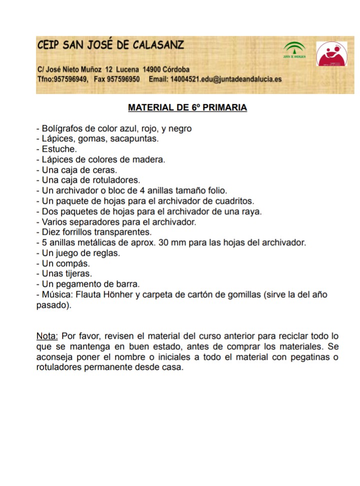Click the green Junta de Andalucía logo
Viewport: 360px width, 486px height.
294,51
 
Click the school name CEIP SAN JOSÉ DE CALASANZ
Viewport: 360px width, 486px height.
110,45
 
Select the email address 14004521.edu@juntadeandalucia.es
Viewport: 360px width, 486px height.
225,79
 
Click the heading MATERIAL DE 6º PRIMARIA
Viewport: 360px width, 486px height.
187,107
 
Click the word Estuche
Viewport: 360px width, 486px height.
59,149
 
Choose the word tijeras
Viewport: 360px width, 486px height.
78,274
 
